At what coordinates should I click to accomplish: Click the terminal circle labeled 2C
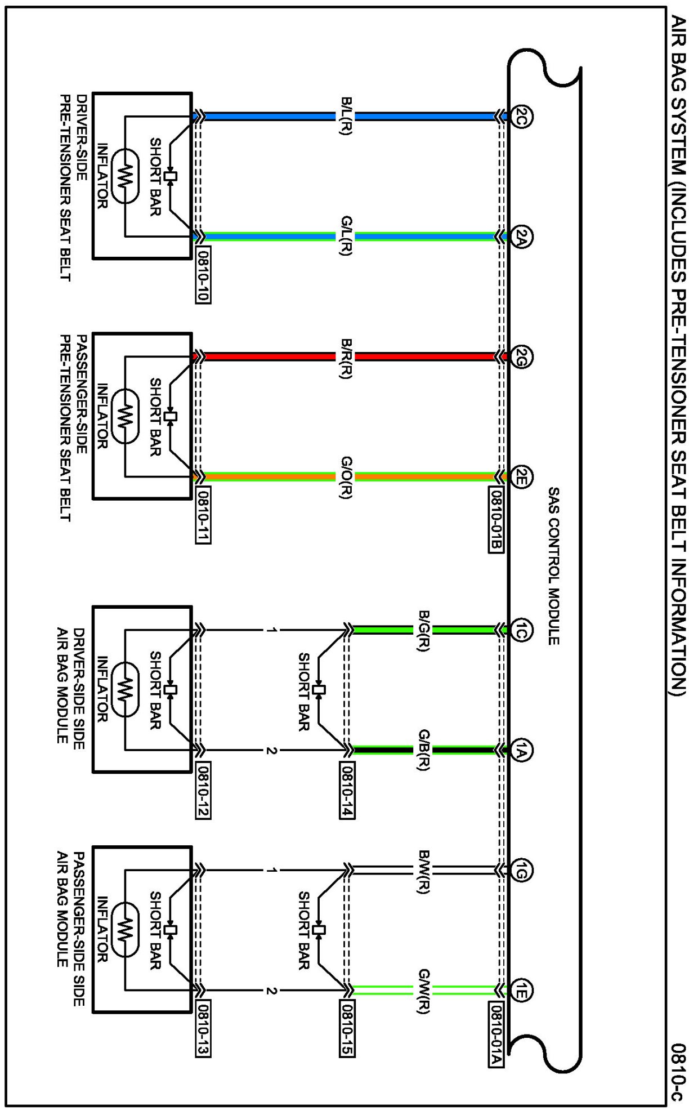click(522, 117)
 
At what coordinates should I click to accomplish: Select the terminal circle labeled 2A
click(522, 237)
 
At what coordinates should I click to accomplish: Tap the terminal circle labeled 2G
click(522, 356)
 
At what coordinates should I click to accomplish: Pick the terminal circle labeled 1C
click(522, 630)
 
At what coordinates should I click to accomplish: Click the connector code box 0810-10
click(203, 275)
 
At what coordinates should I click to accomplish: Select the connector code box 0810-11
click(203, 515)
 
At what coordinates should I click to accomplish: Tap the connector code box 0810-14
click(347, 790)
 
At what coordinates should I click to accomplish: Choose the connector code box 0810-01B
click(496, 520)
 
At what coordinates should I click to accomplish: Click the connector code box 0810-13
click(203, 1029)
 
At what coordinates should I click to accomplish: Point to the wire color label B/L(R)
click(346, 117)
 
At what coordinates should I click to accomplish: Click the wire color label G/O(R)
click(346, 478)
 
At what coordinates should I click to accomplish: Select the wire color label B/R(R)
click(346, 358)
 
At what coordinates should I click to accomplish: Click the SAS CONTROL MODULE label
click(553, 566)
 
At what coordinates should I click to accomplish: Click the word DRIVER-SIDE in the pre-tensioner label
click(82, 137)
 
